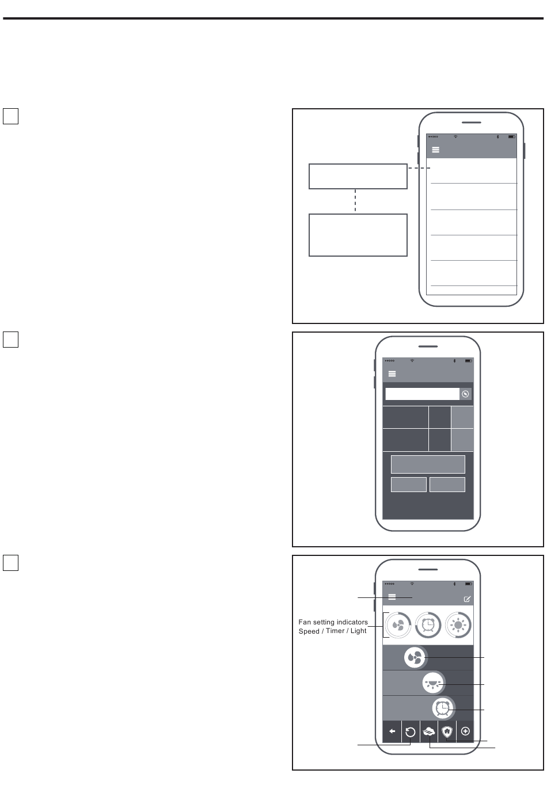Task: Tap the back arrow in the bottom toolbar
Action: click(392, 731)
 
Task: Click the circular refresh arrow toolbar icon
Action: click(410, 732)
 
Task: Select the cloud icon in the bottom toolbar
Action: click(429, 731)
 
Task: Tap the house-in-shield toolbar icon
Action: click(447, 731)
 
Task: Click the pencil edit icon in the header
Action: click(467, 599)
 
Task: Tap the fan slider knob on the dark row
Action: click(415, 658)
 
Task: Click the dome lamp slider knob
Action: click(433, 683)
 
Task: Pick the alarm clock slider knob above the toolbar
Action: click(443, 708)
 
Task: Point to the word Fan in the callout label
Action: click(305, 622)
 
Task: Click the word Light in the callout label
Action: click(359, 631)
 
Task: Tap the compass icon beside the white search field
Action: click(465, 394)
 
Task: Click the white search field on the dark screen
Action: click(423, 394)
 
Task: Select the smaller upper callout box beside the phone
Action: click(358, 176)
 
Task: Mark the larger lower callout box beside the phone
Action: click(358, 235)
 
